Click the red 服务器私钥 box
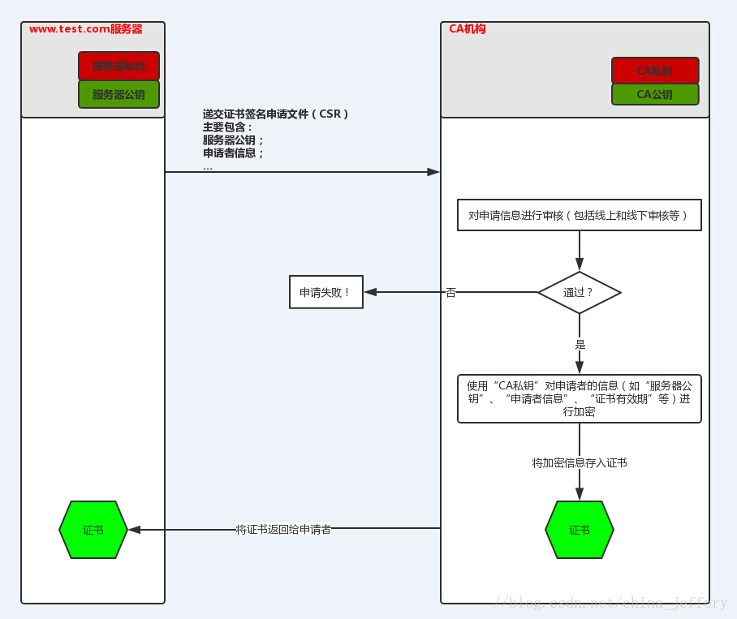point(119,66)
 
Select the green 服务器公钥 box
point(119,94)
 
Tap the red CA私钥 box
point(654,71)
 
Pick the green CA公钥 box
point(654,94)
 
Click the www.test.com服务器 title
point(85,29)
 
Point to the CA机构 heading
point(468,29)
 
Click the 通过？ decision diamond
point(579,292)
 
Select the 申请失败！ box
point(325,292)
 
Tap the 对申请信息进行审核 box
point(579,215)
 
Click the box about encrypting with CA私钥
point(579,398)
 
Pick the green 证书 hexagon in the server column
point(93,530)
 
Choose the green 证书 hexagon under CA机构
point(579,530)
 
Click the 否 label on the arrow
point(451,292)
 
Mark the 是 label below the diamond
point(580,344)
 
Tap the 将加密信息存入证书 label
point(579,462)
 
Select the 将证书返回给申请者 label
point(283,530)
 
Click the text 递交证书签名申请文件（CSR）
point(275,114)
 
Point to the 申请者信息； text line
point(233,153)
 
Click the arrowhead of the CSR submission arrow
point(433,172)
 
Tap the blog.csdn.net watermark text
point(610,603)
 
